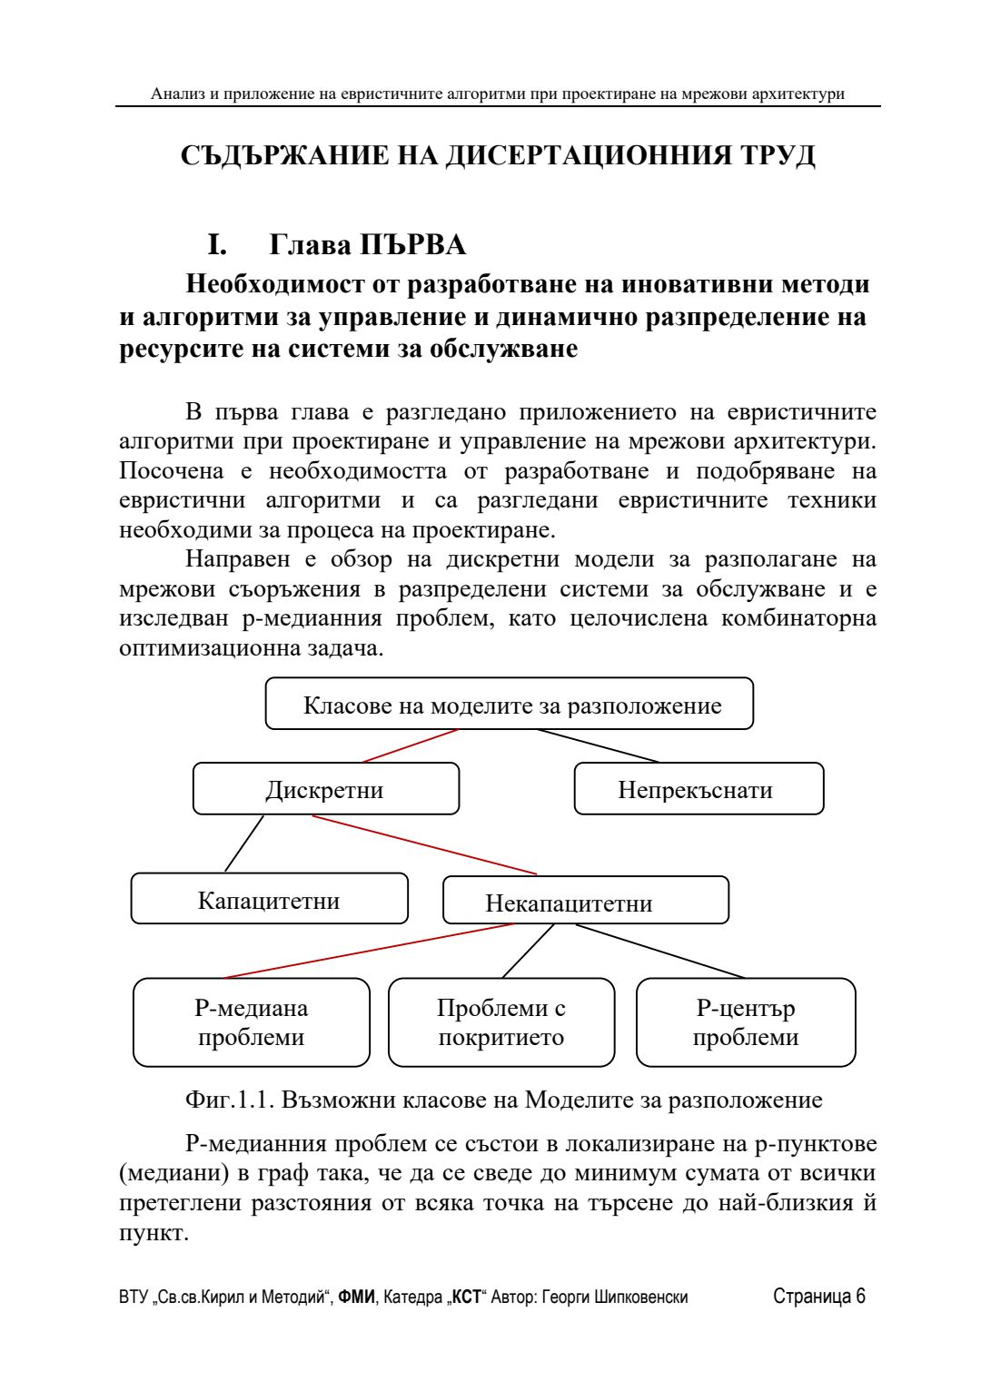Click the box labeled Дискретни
[325, 789]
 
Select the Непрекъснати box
[699, 789]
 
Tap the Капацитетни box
[269, 899]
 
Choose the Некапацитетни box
[585, 901]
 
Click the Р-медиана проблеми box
[252, 1022]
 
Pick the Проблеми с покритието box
[501, 1022]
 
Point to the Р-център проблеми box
[746, 1022]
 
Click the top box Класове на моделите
[509, 704]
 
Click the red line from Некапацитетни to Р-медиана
[368, 951]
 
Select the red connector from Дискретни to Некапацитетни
[424, 845]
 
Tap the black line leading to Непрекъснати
[598, 745]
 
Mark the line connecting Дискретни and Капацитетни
[243, 843]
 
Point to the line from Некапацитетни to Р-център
[660, 952]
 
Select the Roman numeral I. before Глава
[217, 245]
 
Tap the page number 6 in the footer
[859, 1297]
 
